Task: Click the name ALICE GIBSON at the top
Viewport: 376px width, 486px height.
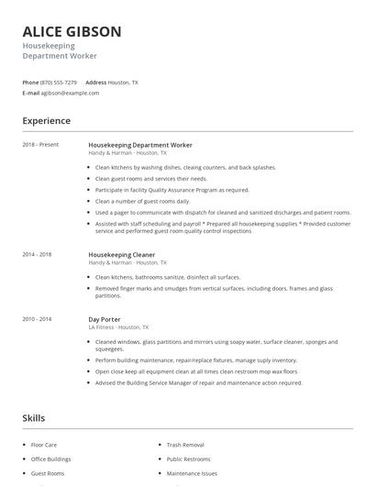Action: coord(72,31)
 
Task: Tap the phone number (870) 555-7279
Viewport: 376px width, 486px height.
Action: coord(59,82)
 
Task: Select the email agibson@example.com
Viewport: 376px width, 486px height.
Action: coord(70,93)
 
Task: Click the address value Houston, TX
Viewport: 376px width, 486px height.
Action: coord(123,82)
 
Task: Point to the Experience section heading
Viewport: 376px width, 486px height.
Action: coord(46,121)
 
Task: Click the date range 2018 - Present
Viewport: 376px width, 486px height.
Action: coord(40,145)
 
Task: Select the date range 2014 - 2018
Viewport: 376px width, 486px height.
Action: coord(38,254)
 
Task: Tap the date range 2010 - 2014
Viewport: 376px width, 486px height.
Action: coord(38,319)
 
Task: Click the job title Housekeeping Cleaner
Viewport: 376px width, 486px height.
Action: coord(121,254)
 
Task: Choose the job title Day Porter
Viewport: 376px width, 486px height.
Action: coord(105,319)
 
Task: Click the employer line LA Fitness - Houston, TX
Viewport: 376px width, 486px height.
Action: coord(118,327)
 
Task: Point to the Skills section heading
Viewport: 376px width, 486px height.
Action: coord(33,418)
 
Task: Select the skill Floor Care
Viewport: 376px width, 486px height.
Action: coord(45,444)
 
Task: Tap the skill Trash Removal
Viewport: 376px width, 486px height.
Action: coord(185,444)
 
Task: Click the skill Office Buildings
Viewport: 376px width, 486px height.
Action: coord(51,458)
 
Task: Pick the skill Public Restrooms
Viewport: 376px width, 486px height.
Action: coord(189,458)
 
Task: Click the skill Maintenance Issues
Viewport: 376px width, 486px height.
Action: coord(193,473)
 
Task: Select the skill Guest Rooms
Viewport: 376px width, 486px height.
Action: coord(48,473)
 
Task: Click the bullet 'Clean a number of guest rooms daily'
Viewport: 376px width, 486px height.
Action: coord(142,201)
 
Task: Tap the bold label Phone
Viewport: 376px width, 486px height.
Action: coord(30,82)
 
